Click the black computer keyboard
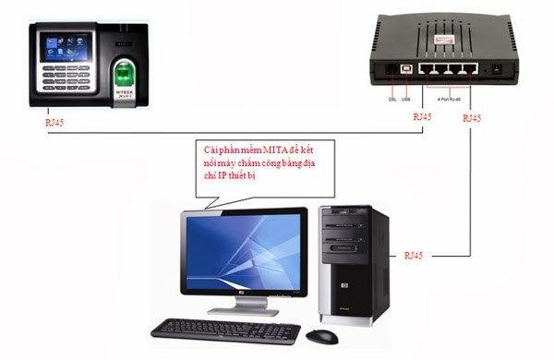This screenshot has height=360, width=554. pos(225,330)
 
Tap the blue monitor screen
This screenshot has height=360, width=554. pos(245,250)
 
